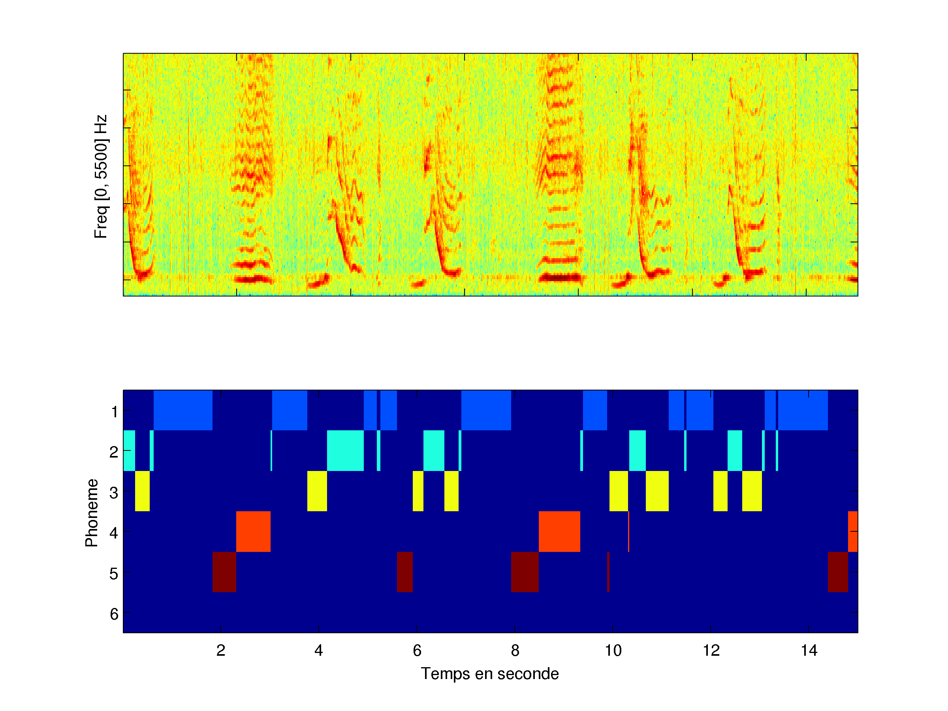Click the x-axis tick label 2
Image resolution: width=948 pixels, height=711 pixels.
coord(221,651)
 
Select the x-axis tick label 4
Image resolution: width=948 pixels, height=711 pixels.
coord(318,651)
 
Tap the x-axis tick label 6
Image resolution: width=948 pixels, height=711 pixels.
coord(417,651)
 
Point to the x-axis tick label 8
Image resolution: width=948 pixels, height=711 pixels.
coord(515,651)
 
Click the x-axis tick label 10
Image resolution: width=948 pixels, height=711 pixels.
coord(613,651)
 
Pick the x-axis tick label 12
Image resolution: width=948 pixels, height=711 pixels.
coord(711,651)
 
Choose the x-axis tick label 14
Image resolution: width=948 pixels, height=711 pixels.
coord(809,651)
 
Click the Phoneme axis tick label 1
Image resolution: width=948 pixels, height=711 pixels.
coord(114,412)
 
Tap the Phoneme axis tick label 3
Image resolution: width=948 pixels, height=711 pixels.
coord(114,493)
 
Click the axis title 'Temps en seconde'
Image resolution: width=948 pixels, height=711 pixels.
coord(490,674)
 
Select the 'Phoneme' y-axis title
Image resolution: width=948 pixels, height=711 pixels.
coord(92,513)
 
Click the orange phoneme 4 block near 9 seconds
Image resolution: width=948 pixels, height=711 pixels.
coord(559,531)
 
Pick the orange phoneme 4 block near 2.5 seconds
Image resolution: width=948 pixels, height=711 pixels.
coord(253,531)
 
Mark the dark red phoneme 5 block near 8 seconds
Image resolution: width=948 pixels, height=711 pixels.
coord(525,572)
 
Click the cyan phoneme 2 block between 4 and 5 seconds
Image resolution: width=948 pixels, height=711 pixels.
coord(346,450)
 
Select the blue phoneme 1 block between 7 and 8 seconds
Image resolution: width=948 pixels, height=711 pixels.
coord(486,410)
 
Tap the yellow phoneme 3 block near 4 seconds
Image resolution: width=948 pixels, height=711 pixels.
coord(317,491)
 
